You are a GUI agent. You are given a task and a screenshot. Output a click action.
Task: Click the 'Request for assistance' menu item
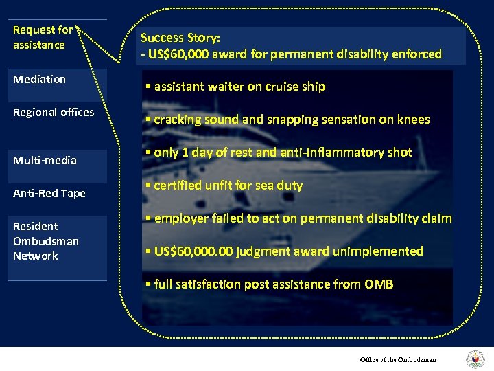coord(43,38)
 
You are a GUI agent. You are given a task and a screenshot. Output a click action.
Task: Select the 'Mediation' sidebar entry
coord(40,80)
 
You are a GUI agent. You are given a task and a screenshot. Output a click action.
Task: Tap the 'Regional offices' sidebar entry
coord(54,113)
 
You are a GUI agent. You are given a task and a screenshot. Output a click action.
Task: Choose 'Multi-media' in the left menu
coord(45,161)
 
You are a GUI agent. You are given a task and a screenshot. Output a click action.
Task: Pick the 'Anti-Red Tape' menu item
coord(49,194)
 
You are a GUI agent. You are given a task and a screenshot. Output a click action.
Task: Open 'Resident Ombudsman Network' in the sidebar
coord(46,241)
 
